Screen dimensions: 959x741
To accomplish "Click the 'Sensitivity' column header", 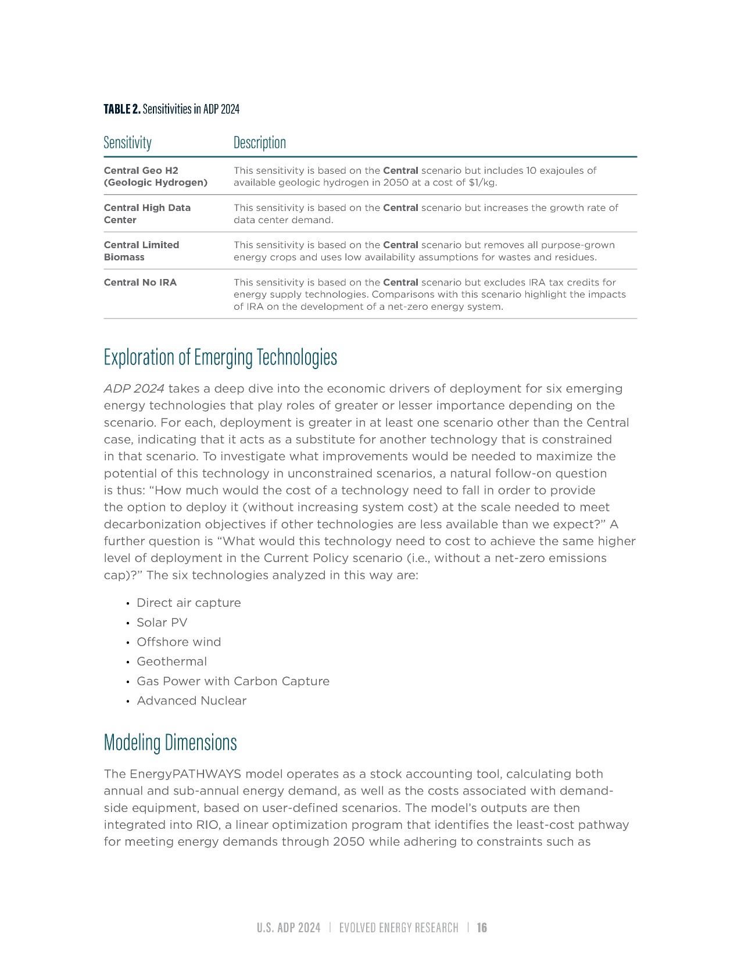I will (127, 143).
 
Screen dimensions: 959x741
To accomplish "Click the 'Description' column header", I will (259, 143).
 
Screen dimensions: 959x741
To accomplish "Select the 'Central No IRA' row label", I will (140, 282).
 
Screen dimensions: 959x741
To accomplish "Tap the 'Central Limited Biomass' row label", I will (141, 251).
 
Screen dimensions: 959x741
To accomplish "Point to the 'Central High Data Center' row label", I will (147, 214).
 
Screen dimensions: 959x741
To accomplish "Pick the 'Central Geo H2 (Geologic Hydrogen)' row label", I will (155, 177).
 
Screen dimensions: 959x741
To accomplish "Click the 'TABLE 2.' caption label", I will (122, 109).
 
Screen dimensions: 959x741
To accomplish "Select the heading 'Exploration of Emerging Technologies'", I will (220, 357).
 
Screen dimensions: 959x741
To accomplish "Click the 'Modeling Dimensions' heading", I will (170, 743).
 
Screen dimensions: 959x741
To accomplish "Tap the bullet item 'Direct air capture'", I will (188, 603).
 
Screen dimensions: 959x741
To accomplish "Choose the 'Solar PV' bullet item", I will (162, 622).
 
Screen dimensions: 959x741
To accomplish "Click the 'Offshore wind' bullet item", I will (178, 642).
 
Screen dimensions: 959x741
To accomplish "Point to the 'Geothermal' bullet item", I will (171, 661).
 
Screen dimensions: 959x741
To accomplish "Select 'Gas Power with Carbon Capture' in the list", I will (232, 681).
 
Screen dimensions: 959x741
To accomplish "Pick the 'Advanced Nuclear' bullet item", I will (191, 701).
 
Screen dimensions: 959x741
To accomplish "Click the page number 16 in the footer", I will (482, 928).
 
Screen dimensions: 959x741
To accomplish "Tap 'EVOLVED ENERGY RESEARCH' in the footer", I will (399, 928).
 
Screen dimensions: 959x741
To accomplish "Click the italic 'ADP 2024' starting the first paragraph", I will (134, 389).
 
